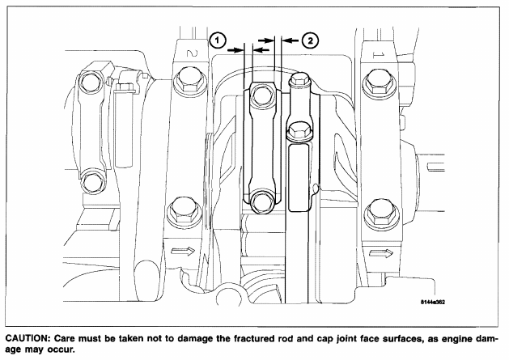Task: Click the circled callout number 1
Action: click(x=218, y=40)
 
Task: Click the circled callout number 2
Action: click(x=310, y=40)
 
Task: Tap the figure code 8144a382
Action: click(x=433, y=303)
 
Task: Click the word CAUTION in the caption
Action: click(x=28, y=339)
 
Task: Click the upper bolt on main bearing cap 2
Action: click(x=189, y=81)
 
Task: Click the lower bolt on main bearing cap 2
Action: click(x=182, y=214)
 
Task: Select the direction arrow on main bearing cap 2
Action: click(x=183, y=251)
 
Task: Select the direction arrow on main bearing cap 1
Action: click(x=381, y=253)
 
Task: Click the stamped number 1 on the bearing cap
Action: click(x=378, y=55)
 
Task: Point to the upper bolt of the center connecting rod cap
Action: click(x=261, y=95)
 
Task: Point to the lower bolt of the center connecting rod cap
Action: click(x=261, y=202)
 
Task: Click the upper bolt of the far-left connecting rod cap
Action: click(x=89, y=84)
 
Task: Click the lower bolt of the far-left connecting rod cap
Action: click(x=92, y=184)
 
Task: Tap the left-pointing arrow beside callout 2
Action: click(x=290, y=40)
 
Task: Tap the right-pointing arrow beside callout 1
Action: click(x=235, y=49)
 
